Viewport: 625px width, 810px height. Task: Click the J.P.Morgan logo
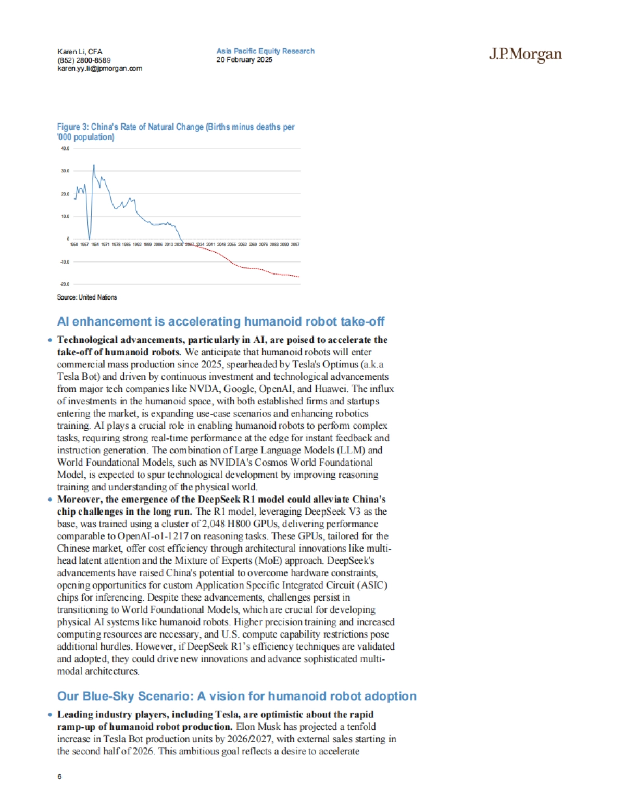pos(525,55)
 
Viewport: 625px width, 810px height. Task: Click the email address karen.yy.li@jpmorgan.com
pos(99,68)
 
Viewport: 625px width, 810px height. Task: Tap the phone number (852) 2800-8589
pos(84,60)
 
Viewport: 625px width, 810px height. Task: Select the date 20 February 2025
pos(244,59)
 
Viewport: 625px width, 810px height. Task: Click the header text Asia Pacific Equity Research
pos(265,51)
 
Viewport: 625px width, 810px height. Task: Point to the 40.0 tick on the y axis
pos(65,148)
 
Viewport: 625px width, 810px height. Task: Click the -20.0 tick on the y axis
pos(65,284)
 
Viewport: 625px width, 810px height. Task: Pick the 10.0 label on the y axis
pos(65,216)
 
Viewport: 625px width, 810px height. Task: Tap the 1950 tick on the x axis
pos(74,244)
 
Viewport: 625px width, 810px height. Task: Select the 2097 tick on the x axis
pos(295,244)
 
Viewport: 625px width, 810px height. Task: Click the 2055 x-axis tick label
pos(231,244)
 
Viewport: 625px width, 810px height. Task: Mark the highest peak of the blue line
pos(94,165)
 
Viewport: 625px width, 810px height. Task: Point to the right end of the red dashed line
pos(299,277)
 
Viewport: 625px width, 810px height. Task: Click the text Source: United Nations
pos(87,297)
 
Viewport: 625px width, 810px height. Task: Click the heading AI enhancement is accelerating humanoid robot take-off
pos(221,321)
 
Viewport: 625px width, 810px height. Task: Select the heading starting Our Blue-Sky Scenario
pos(236,696)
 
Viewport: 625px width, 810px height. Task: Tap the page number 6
pos(59,776)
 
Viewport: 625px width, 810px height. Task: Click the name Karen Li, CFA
pos(80,52)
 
